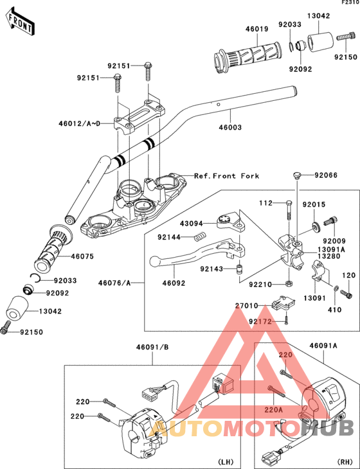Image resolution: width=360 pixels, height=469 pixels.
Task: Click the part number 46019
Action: (256, 29)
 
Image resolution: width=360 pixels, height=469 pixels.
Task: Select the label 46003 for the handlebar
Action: (230, 127)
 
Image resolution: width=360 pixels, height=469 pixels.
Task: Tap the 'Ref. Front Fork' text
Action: (226, 176)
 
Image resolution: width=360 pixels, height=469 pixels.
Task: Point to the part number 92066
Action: (326, 175)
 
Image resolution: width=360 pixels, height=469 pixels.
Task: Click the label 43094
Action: (192, 224)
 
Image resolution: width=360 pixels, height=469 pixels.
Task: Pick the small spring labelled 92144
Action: (199, 238)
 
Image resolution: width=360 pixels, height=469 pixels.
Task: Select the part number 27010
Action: (246, 306)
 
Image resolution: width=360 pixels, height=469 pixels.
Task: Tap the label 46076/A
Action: (114, 283)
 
